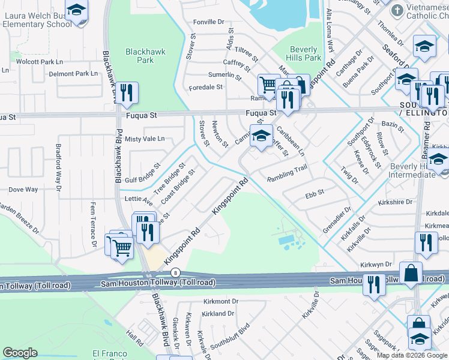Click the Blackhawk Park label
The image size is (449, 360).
(x=141, y=56)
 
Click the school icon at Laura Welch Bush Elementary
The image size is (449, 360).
(x=76, y=11)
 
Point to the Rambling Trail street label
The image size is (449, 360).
(x=287, y=172)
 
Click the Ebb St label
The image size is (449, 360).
(x=315, y=193)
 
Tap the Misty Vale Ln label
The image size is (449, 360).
(x=145, y=139)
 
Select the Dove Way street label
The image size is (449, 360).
(x=23, y=190)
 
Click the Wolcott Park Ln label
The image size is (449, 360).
(x=40, y=62)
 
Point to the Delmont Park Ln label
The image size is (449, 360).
(x=73, y=74)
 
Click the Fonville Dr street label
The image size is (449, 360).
(x=208, y=22)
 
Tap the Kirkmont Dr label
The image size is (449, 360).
(x=221, y=301)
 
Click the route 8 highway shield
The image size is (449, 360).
(x=175, y=272)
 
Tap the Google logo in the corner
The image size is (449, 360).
(x=20, y=353)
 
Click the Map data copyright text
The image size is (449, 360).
(x=412, y=355)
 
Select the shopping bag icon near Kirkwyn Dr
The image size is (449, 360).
(x=411, y=274)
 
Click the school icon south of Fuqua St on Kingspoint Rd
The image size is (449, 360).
(x=261, y=136)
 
